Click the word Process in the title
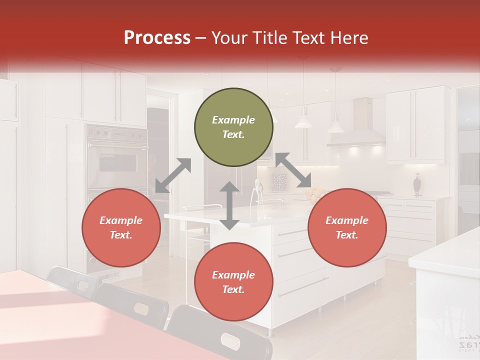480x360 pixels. (x=157, y=38)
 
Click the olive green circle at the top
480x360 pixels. (x=233, y=127)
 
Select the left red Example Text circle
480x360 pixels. (x=121, y=228)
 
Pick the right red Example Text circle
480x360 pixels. (x=347, y=228)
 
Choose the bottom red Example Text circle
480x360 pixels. (x=233, y=282)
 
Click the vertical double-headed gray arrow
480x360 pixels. (x=229, y=205)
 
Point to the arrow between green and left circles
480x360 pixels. (x=173, y=175)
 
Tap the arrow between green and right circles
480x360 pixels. (x=293, y=170)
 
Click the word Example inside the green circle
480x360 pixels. (x=233, y=120)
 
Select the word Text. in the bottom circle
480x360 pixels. (x=233, y=290)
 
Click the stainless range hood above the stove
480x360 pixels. (x=355, y=125)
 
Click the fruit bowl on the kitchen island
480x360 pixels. (x=314, y=193)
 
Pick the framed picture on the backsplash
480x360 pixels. (x=279, y=181)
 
